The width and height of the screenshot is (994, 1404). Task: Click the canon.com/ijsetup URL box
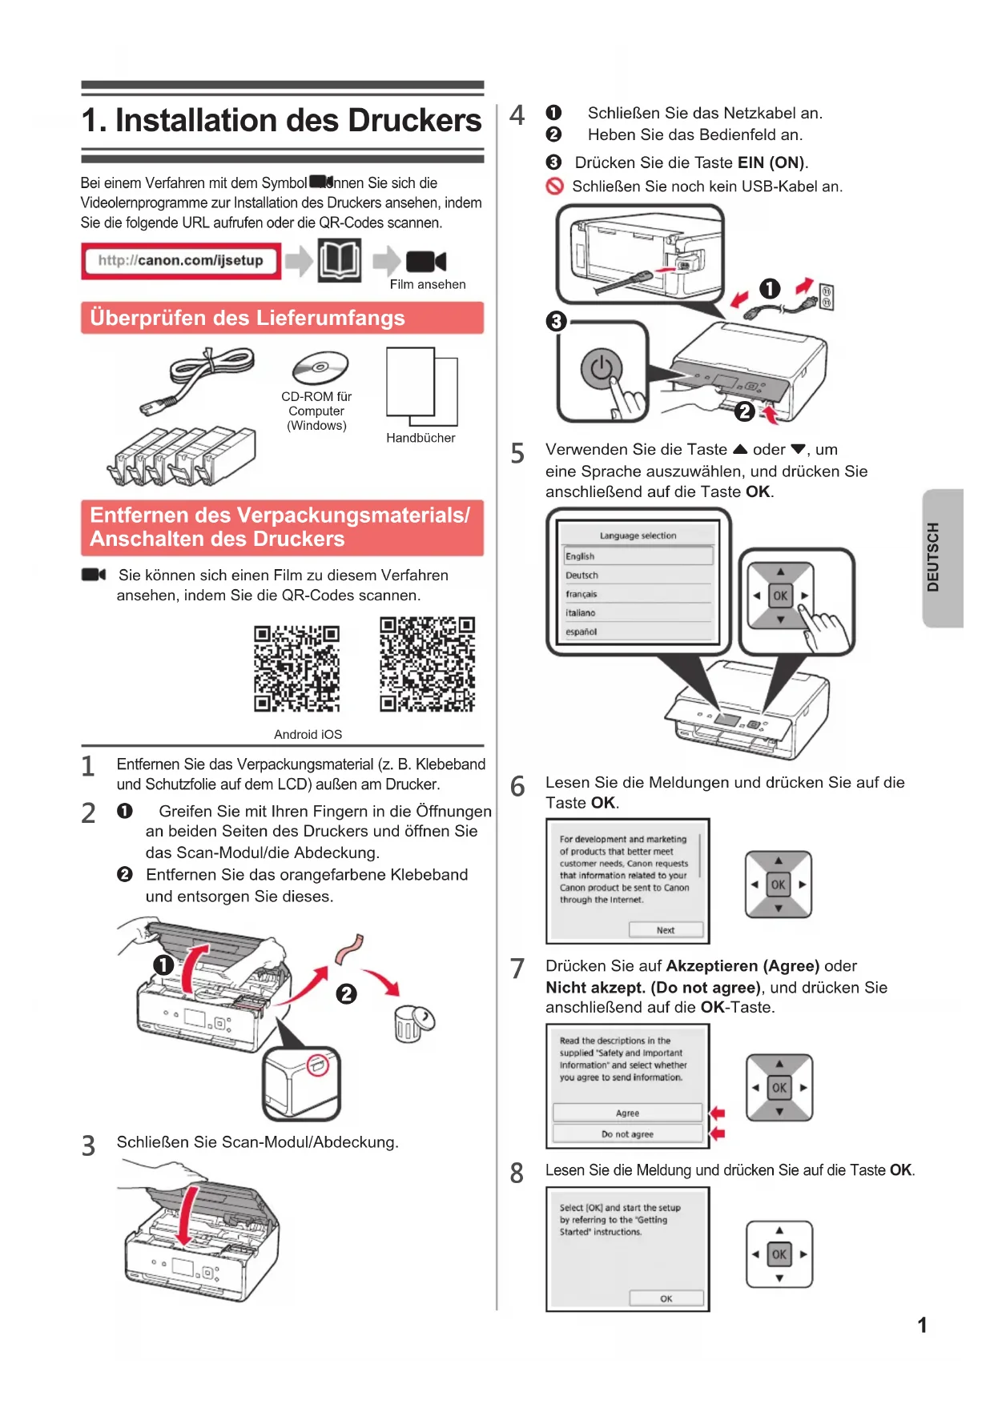(x=181, y=261)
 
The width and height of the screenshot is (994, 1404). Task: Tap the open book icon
(x=339, y=260)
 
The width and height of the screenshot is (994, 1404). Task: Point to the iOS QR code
(x=427, y=664)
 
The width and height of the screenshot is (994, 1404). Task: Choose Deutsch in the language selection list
(x=582, y=576)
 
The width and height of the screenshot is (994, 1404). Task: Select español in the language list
(x=582, y=632)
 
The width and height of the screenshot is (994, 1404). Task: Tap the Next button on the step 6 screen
(x=666, y=930)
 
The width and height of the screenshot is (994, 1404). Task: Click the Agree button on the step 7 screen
(x=627, y=1113)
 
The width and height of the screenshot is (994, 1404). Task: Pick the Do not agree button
(x=627, y=1134)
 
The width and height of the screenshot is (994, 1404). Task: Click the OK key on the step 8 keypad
(x=779, y=1254)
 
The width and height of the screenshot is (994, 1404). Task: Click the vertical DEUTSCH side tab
(x=942, y=557)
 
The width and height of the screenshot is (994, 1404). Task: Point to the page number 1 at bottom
(x=922, y=1326)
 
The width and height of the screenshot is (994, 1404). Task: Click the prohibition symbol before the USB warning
(x=554, y=187)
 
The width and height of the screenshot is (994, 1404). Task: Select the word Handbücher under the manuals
(x=421, y=438)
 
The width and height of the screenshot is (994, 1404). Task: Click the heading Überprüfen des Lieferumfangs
(x=247, y=318)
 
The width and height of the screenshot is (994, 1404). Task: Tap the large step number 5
(x=517, y=454)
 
